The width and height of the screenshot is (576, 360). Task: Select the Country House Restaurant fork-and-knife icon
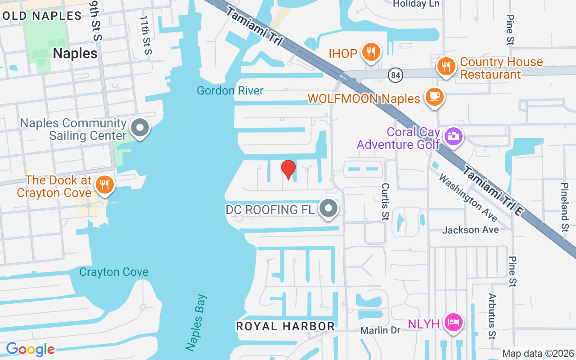pos(446,66)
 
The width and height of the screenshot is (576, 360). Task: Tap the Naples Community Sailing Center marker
pos(140,128)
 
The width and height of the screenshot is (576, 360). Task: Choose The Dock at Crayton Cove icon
pos(104,184)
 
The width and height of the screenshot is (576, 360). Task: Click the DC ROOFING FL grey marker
pos(329,208)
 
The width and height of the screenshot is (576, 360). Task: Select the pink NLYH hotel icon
pos(453,322)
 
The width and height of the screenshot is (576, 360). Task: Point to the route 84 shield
pos(396,75)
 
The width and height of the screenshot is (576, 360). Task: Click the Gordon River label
pos(230,91)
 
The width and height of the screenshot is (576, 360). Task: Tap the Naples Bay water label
pos(196,322)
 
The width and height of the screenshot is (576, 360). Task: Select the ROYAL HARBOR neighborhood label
pos(285,326)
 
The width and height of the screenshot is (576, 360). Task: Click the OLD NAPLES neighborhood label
pos(41,16)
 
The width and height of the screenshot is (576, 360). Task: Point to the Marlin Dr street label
pos(380,330)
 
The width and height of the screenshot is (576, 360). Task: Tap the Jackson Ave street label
pos(470,230)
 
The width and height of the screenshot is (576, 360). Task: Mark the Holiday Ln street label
pos(416,4)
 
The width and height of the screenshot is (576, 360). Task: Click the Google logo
pos(30,349)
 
